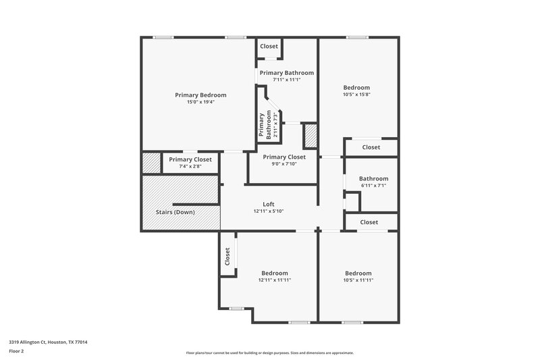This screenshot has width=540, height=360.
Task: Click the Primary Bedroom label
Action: tap(200, 95)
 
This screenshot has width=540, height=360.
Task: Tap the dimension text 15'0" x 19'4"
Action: tap(200, 103)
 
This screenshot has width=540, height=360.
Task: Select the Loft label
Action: tap(269, 205)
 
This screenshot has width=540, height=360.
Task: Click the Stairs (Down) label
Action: tap(171, 212)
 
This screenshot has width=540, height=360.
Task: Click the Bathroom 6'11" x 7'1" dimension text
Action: tap(373, 186)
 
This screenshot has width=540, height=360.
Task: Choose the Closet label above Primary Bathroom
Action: tap(269, 47)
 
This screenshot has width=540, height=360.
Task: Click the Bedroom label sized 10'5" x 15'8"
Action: tap(356, 88)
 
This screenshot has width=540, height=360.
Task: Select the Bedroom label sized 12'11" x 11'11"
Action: tap(275, 273)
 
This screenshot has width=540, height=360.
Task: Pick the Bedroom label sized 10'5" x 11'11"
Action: tap(358, 273)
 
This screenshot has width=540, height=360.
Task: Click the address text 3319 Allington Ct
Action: tap(48, 342)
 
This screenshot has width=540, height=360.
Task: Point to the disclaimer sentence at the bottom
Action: tap(270, 353)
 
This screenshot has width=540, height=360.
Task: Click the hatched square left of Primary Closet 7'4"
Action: tap(151, 163)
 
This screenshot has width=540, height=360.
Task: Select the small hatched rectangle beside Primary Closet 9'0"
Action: tap(310, 135)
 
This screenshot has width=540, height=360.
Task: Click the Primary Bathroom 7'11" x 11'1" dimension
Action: tap(286, 80)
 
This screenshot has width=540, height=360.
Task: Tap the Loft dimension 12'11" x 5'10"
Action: tap(269, 211)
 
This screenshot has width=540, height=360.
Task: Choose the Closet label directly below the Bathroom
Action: tap(369, 222)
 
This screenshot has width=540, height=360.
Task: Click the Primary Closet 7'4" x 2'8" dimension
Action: tap(190, 166)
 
